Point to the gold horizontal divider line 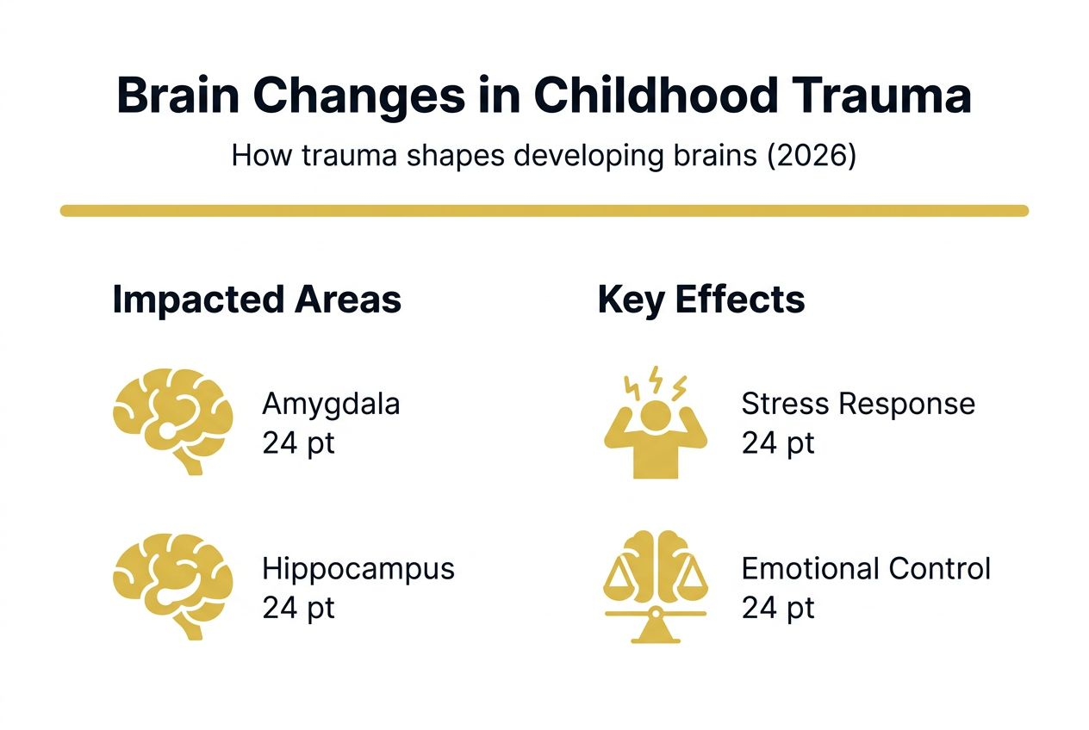tap(544, 211)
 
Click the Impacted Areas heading tap(257, 300)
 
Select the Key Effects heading tap(700, 300)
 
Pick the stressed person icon tap(655, 430)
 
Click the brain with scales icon tap(655, 585)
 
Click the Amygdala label tap(331, 404)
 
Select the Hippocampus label tap(358, 569)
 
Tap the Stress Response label tap(857, 404)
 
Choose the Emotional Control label tap(865, 569)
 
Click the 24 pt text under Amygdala tap(298, 443)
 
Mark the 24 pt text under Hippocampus tap(298, 608)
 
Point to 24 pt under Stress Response tap(777, 443)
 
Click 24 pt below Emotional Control tap(777, 608)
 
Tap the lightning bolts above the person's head tap(655, 381)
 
